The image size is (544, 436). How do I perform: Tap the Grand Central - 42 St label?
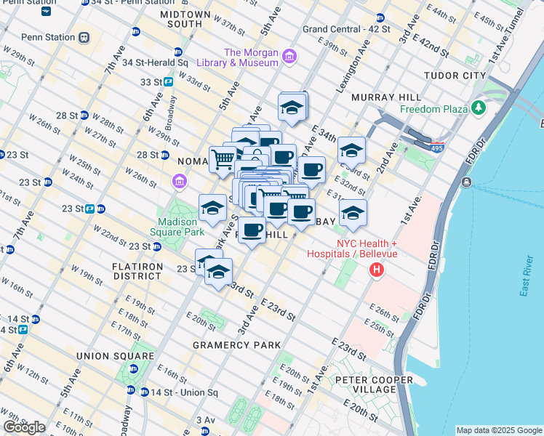click(345, 29)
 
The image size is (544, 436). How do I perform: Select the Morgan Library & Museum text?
click(251, 57)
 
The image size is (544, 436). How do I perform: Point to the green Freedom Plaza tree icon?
click(478, 109)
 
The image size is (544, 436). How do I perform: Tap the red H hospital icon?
click(377, 271)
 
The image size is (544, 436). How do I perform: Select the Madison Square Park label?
click(178, 227)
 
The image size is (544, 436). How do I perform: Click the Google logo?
click(24, 427)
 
